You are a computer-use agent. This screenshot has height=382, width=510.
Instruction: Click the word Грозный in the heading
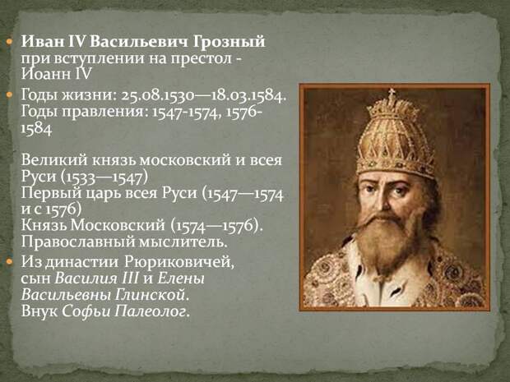[x=229, y=42]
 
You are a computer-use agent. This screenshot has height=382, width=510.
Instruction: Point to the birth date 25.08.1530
[x=158, y=95]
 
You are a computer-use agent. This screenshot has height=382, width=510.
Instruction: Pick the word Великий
[x=54, y=160]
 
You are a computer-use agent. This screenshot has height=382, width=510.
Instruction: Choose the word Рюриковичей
[x=179, y=262]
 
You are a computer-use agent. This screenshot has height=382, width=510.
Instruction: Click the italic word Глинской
[x=151, y=295]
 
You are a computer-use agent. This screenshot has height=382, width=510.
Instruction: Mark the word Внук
[x=39, y=311]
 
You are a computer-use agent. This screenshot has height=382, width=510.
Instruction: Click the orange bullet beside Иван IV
[x=9, y=42]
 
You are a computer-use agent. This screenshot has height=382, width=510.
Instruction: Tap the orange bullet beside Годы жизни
[x=9, y=95]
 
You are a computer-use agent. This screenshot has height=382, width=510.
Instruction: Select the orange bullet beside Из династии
[x=9, y=262]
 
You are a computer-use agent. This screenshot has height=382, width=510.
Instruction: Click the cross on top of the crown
[x=392, y=94]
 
